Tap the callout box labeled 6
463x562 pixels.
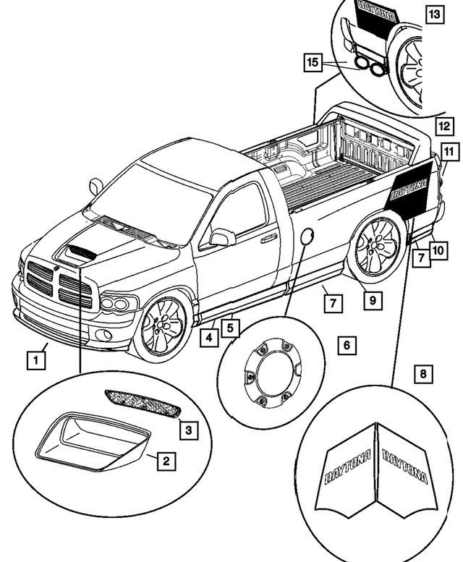[x=347, y=346]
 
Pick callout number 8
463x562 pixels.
[x=424, y=374]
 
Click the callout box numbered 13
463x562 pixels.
[x=433, y=14]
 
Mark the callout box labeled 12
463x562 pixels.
[x=443, y=126]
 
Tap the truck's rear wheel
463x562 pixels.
[x=375, y=247]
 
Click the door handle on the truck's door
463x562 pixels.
[x=269, y=238]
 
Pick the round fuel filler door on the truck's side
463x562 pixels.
[x=307, y=238]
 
